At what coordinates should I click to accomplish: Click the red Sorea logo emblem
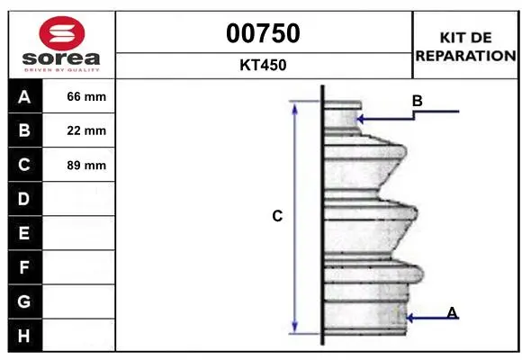click(x=62, y=33)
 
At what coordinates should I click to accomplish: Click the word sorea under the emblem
click(x=61, y=58)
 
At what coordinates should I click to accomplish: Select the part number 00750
click(x=263, y=33)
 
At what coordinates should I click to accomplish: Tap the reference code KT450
click(x=263, y=65)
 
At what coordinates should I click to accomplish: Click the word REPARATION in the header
click(x=465, y=56)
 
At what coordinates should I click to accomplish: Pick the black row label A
click(x=24, y=97)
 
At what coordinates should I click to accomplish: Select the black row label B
click(x=24, y=130)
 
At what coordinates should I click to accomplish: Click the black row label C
click(x=24, y=165)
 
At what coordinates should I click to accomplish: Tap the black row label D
click(x=24, y=199)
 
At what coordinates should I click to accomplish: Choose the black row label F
click(x=24, y=267)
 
